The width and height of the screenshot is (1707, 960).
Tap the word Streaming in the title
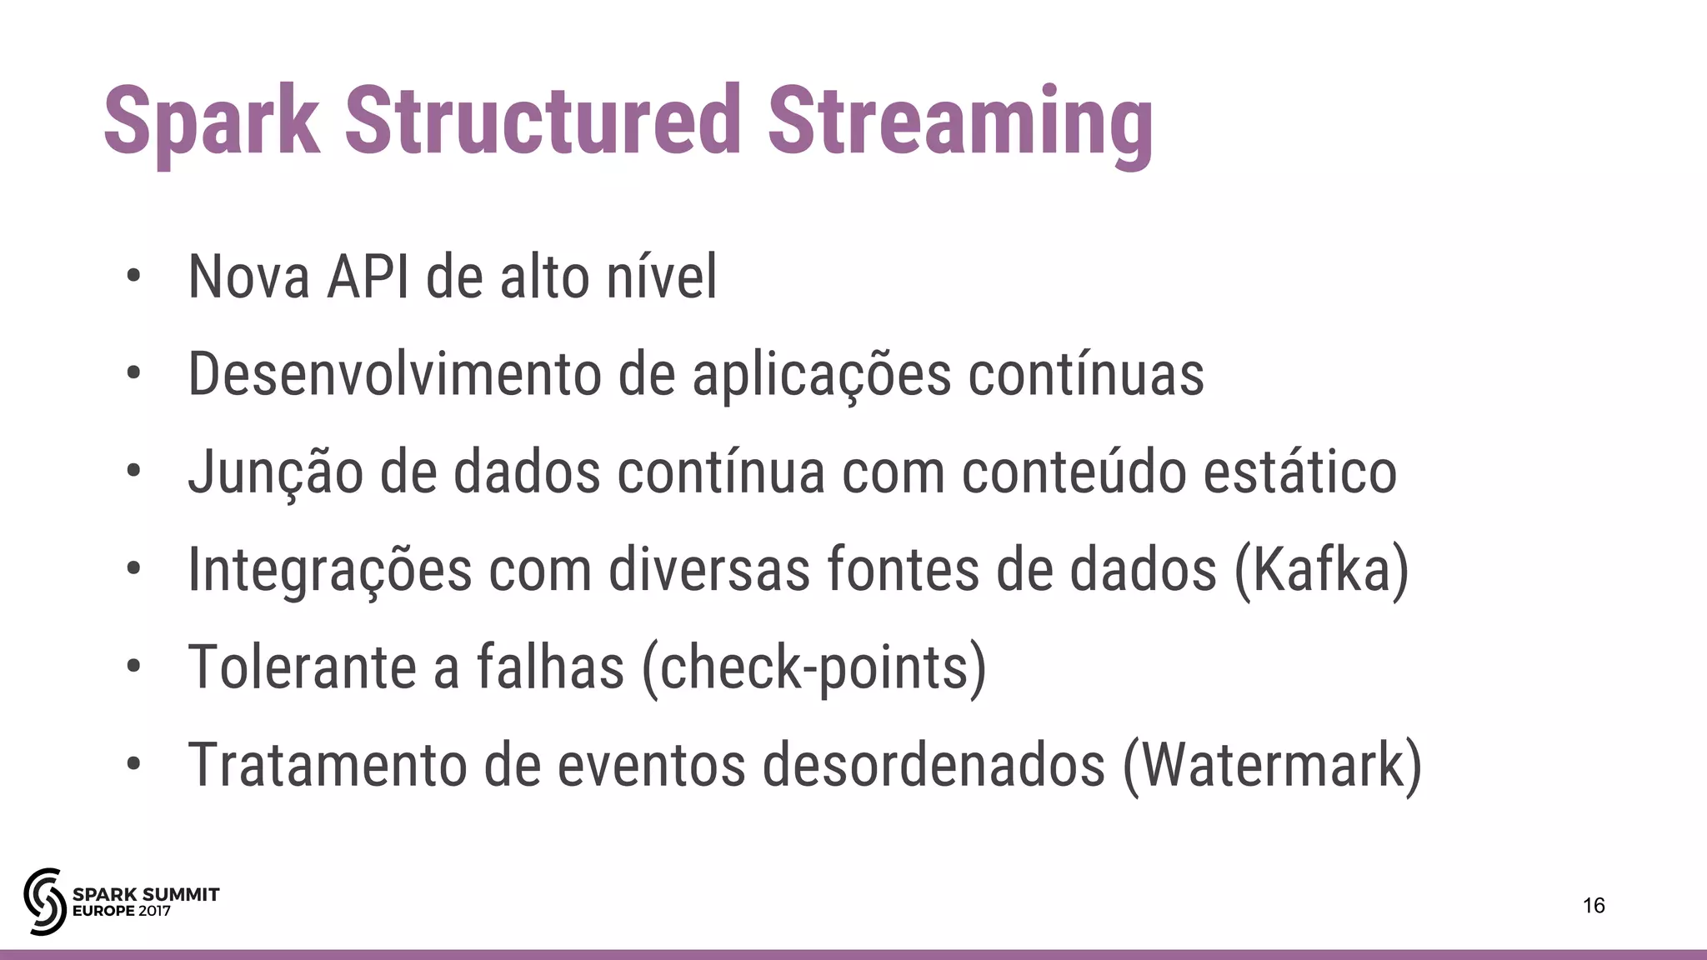(960, 122)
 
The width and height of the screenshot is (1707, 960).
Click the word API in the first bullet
(368, 277)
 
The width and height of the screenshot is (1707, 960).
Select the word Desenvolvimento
(394, 374)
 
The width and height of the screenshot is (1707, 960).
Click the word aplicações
(821, 376)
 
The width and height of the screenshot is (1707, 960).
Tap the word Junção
(275, 472)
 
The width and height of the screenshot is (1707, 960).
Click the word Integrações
(330, 572)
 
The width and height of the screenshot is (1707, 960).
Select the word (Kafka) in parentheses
(1321, 570)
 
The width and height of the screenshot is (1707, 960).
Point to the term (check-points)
(814, 668)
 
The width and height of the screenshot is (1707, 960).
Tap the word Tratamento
(328, 765)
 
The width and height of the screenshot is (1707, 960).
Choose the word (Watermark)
(1272, 766)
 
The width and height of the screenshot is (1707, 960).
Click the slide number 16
(1594, 906)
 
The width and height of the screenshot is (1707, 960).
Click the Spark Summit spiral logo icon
(44, 901)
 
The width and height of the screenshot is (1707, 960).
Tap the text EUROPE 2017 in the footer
(122, 912)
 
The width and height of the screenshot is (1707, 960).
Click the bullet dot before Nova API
(133, 277)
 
